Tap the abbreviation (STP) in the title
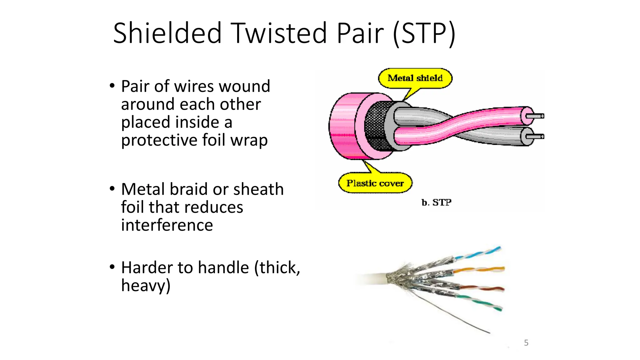coord(424,34)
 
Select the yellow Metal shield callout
coord(415,78)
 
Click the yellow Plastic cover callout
coord(375,183)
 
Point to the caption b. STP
coord(436,202)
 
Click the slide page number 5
coord(526,343)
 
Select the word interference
coord(167,225)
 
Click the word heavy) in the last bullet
coord(146,286)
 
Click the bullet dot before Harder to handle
coord(112,267)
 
